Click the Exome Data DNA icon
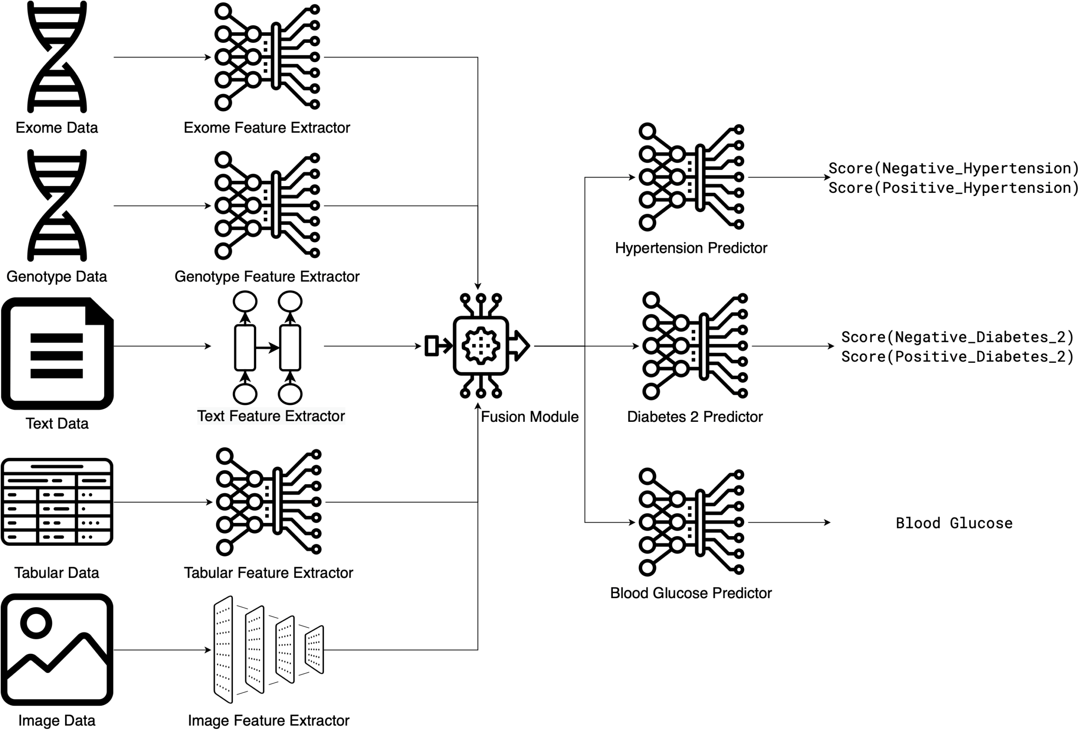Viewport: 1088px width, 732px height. coord(57,57)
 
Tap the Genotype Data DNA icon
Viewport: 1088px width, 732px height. coord(57,205)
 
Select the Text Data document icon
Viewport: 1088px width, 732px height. coord(57,353)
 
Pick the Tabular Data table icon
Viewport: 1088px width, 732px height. coord(57,501)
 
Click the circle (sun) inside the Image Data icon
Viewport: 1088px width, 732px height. coord(36,623)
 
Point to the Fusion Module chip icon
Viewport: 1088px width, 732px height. coord(481,345)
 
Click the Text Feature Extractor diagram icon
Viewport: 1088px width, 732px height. coord(268,348)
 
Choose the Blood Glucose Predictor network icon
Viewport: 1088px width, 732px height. coord(691,522)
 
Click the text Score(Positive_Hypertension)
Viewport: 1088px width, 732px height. coord(954,188)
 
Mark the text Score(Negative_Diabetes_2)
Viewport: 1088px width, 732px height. coord(957,336)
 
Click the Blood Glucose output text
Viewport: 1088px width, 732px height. coord(954,523)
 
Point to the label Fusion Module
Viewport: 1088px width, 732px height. coord(530,416)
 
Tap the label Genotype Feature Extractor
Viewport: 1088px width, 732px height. coord(266,277)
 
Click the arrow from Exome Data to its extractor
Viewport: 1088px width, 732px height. coord(162,57)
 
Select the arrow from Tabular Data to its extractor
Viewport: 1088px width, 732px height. coord(162,502)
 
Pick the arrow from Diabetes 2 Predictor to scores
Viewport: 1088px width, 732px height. coord(793,346)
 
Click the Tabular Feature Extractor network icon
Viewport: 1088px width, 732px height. coord(269,501)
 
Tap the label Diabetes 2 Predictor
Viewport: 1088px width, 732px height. coord(694,416)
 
